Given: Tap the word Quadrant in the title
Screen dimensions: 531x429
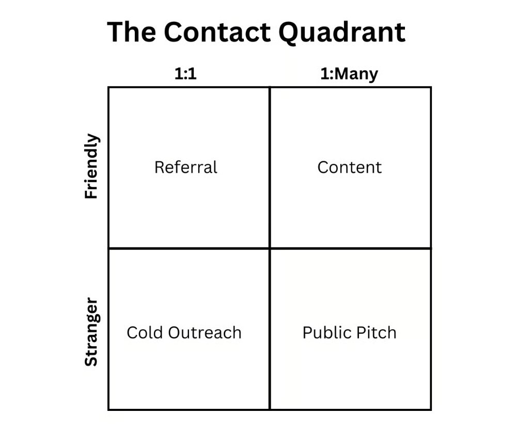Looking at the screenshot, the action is (342, 33).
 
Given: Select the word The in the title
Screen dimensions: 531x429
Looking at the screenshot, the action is (132, 32).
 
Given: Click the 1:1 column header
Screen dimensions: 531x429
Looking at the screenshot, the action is (185, 73).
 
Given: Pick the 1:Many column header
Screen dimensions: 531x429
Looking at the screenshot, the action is (349, 74).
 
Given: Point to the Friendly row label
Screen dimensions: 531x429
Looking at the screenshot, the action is (91, 166).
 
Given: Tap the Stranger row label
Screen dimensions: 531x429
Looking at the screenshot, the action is (91, 332).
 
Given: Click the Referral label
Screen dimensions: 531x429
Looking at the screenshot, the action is (186, 167).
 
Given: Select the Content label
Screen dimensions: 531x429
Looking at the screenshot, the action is (350, 167).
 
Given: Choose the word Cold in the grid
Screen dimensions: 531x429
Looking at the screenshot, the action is (145, 332).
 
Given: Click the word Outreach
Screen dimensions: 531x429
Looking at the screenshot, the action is (205, 332).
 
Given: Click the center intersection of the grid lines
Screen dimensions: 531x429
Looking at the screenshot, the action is (270, 249).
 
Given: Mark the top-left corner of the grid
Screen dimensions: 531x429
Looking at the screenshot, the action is (108, 87).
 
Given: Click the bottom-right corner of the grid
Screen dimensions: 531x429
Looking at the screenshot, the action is (431, 410).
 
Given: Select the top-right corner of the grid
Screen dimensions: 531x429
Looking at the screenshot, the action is (431, 87).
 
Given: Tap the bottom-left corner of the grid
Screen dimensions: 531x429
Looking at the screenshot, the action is (108, 410).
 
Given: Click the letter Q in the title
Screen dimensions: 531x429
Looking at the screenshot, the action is (291, 33).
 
